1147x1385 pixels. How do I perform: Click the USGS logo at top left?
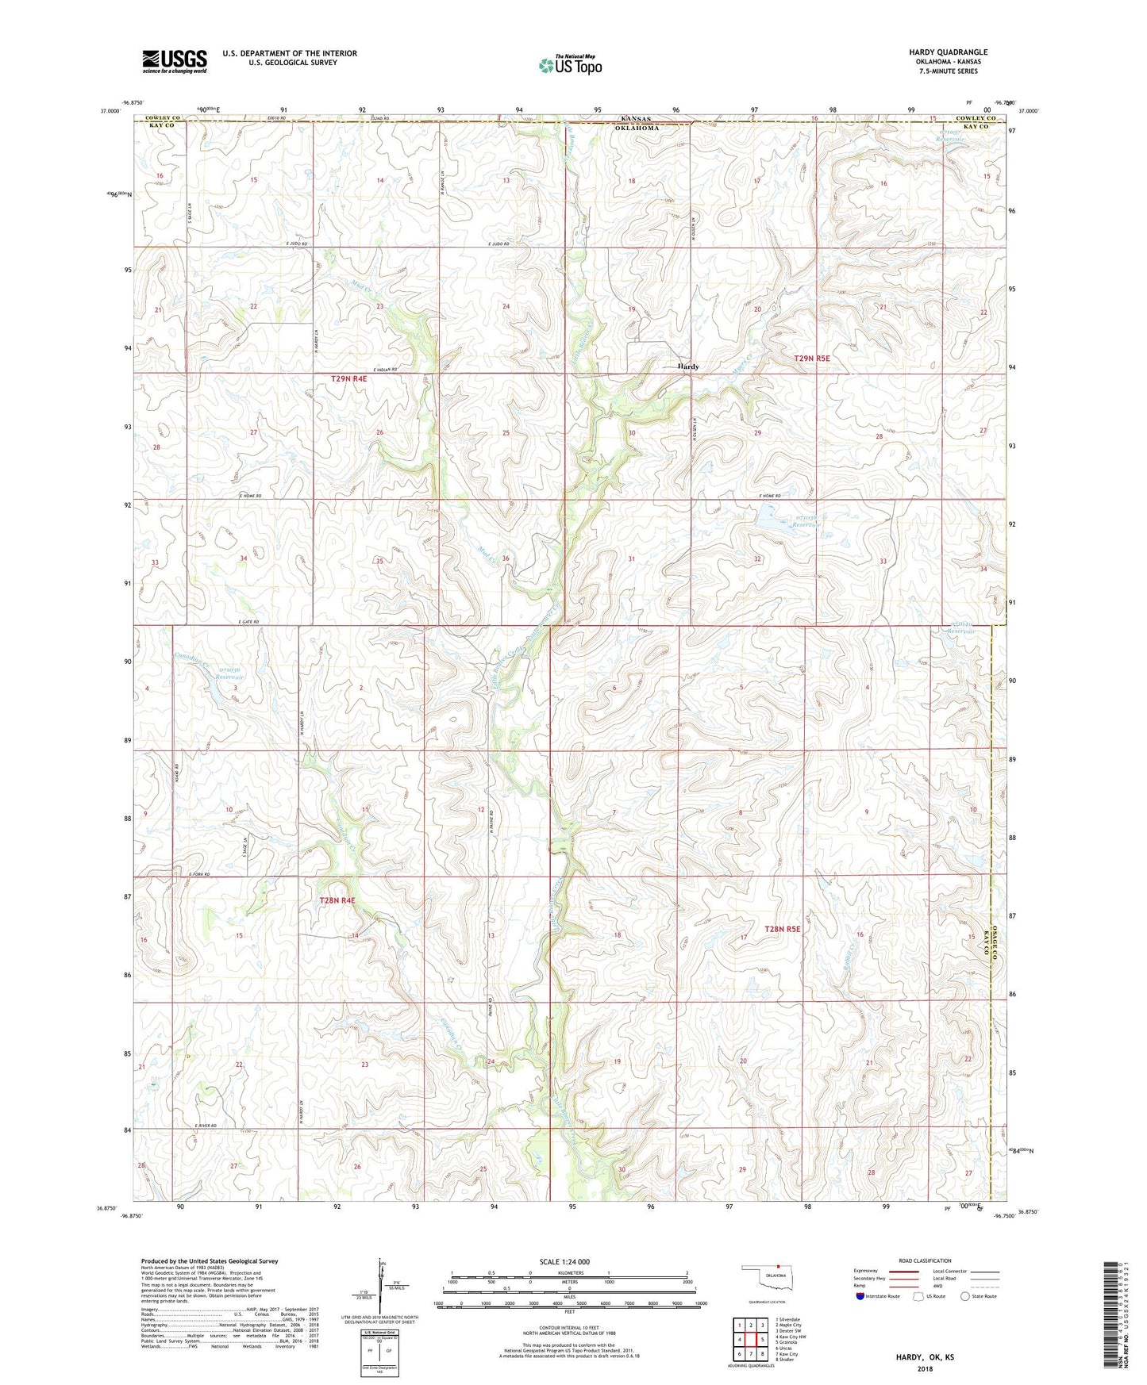click(175, 61)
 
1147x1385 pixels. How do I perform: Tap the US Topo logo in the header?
click(570, 65)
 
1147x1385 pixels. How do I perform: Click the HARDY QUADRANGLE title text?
click(948, 52)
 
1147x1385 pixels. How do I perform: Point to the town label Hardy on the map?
click(688, 366)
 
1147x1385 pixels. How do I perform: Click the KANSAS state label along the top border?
click(635, 119)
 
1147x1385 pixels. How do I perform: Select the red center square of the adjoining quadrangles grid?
click(750, 1340)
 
